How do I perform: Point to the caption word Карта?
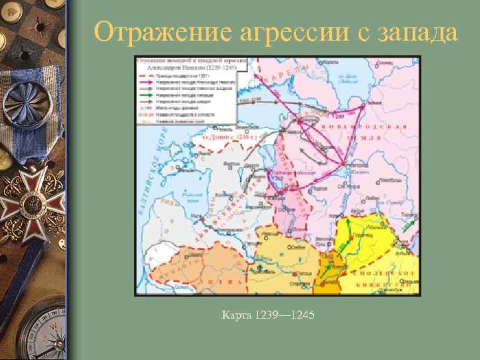coord(235,313)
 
